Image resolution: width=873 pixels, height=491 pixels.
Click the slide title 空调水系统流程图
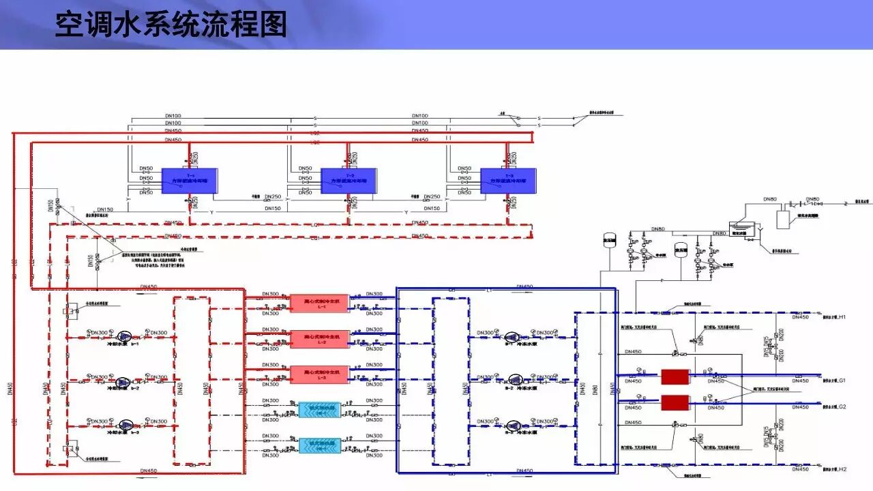tap(171, 25)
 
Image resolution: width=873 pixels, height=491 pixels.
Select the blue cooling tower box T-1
tap(189, 181)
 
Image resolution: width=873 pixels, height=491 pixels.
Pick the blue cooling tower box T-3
tap(508, 181)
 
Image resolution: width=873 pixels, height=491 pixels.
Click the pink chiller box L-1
tap(319, 303)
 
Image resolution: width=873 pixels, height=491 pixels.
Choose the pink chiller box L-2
tap(319, 339)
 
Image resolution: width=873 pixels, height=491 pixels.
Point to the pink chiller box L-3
tap(319, 374)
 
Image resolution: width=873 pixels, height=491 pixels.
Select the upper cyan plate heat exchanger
tap(319, 410)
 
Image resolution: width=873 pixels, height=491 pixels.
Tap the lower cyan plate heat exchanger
tap(319, 445)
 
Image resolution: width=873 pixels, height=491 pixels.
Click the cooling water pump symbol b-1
tap(124, 336)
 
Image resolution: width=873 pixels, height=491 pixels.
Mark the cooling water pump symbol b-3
tap(124, 425)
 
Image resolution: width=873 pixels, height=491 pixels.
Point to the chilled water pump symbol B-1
tap(513, 336)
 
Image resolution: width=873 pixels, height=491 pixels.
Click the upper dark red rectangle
tap(675, 377)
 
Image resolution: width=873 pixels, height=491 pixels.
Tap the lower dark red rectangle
tap(675, 402)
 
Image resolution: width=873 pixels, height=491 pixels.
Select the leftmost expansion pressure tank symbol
tap(609, 240)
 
